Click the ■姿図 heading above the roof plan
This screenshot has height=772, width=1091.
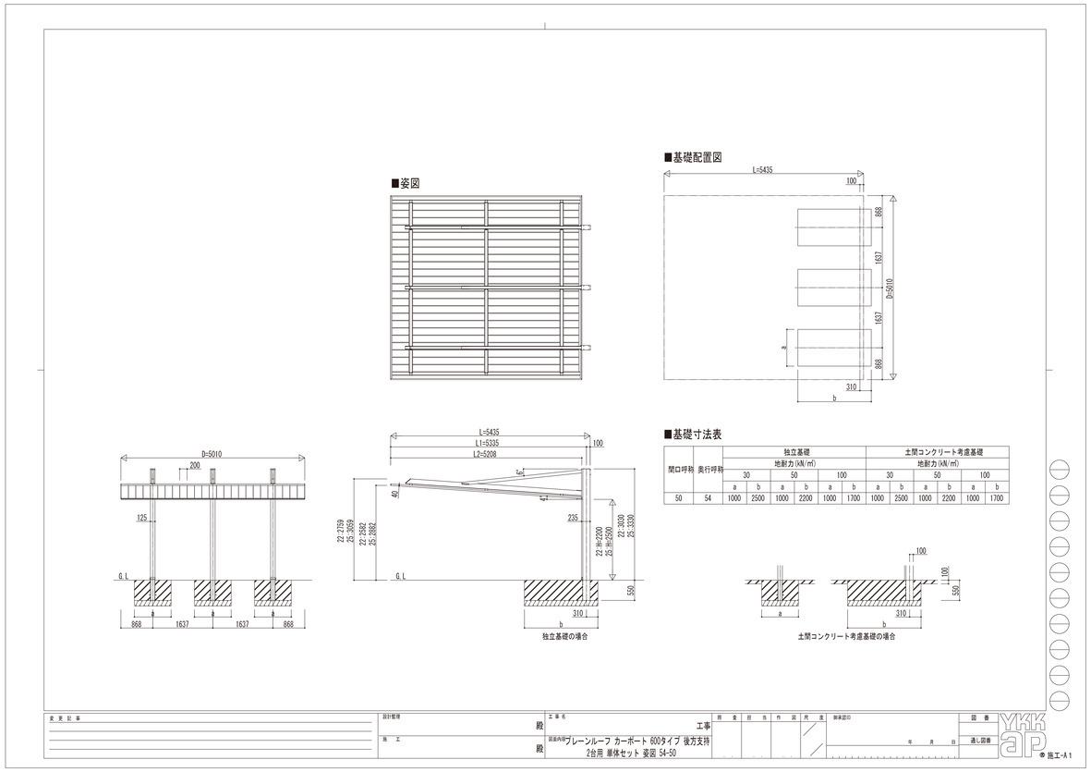click(406, 184)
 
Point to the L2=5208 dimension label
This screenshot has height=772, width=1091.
click(491, 454)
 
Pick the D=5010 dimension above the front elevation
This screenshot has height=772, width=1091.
click(212, 454)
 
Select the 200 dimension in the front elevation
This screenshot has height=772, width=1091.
click(194, 466)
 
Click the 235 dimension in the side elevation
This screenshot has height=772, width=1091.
click(573, 518)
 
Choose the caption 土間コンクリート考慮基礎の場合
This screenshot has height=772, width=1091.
click(845, 636)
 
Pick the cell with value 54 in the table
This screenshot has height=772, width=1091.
click(709, 498)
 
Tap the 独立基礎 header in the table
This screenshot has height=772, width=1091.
click(794, 451)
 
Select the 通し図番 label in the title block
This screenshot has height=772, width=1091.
click(980, 741)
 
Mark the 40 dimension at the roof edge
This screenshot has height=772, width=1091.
click(394, 494)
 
